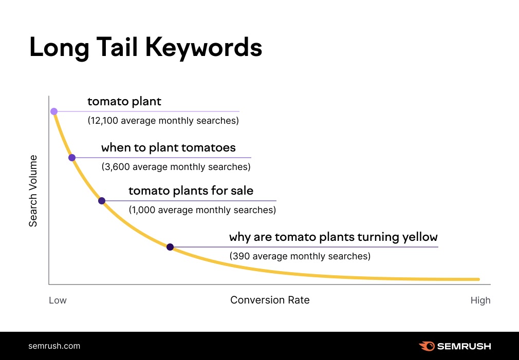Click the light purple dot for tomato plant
(x=54, y=111)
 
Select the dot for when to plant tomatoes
(x=72, y=158)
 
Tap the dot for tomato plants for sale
(x=102, y=201)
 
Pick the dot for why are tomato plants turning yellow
(x=170, y=247)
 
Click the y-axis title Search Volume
(x=33, y=191)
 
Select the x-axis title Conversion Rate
(x=270, y=300)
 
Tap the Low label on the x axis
(x=58, y=300)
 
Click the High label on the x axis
(x=480, y=300)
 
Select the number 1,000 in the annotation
(x=143, y=210)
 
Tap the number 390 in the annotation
(x=240, y=256)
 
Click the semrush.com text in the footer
(x=54, y=346)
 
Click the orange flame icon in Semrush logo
(x=427, y=346)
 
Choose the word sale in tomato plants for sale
(x=242, y=191)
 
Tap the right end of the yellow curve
(x=478, y=279)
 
